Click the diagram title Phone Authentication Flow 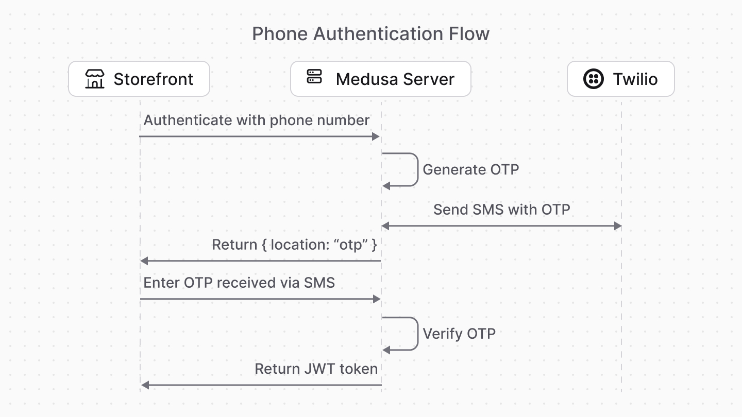click(x=370, y=34)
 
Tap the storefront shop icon click(x=95, y=79)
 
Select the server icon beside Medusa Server click(x=314, y=77)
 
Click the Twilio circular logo click(x=593, y=79)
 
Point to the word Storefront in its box click(x=153, y=79)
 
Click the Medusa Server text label click(x=395, y=79)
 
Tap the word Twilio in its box click(x=635, y=79)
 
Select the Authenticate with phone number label click(x=256, y=120)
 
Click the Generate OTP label click(x=470, y=169)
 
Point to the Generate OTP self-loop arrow click(x=416, y=169)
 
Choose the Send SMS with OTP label click(x=501, y=210)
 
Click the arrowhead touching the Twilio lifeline click(x=618, y=226)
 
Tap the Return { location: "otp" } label click(x=294, y=245)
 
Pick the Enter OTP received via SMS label click(x=239, y=283)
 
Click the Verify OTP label click(x=459, y=334)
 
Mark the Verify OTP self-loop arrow click(x=416, y=334)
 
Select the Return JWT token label click(x=316, y=369)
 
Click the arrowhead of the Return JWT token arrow click(x=145, y=385)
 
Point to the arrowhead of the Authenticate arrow click(x=376, y=136)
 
